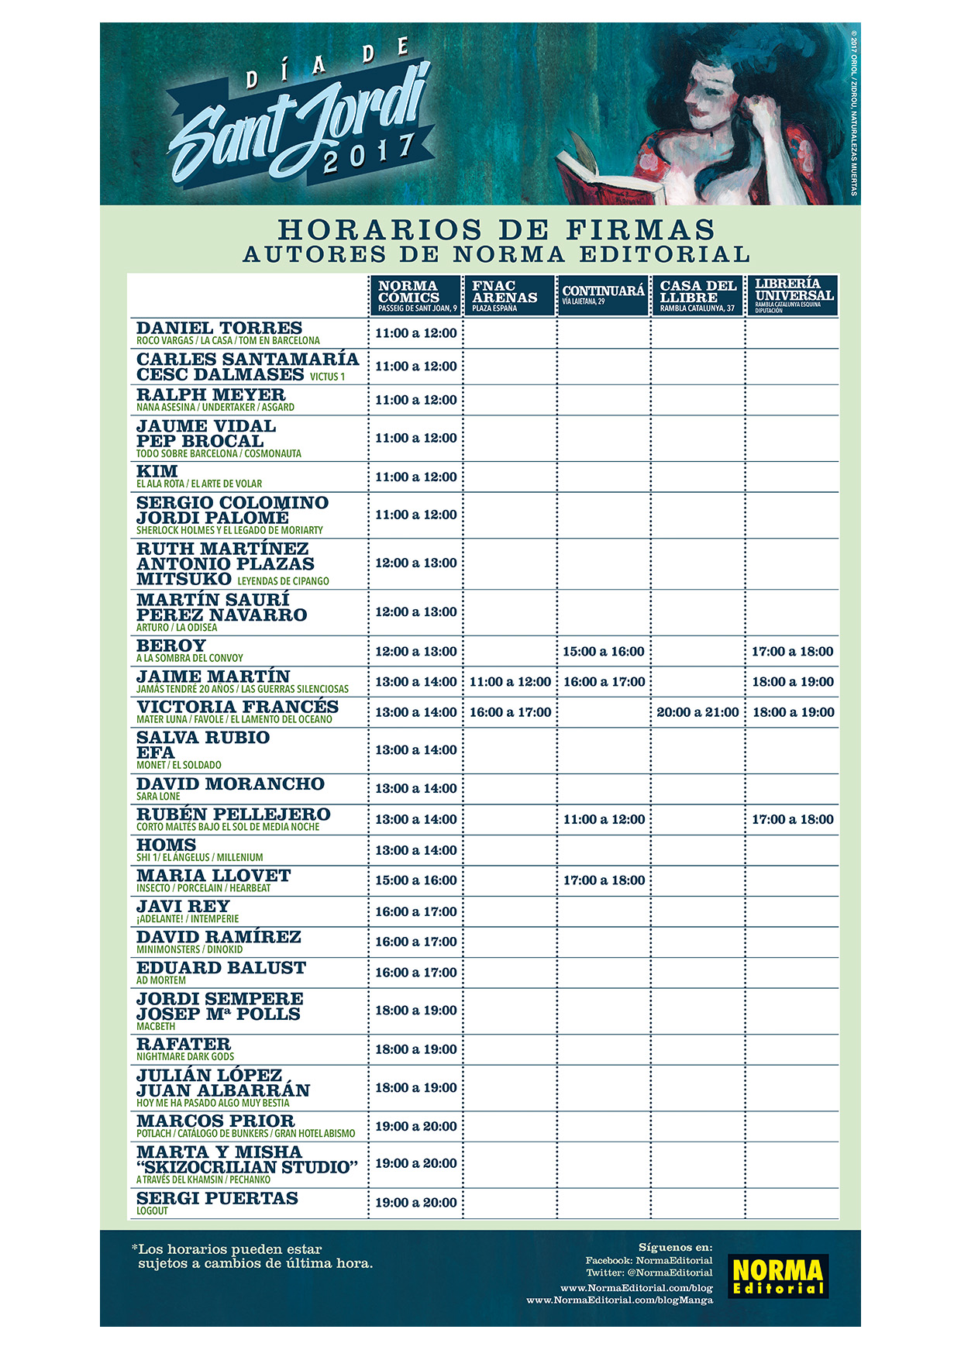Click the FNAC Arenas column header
(509, 295)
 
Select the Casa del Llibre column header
(697, 295)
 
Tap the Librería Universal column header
(792, 294)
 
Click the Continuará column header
(603, 294)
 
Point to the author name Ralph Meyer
(211, 394)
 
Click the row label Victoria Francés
(237, 707)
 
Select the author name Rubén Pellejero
(233, 814)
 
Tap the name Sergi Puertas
(217, 1198)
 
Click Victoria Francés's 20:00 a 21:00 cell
(697, 712)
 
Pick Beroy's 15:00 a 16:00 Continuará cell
(603, 652)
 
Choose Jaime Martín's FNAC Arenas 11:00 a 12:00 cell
(510, 682)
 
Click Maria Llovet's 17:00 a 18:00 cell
(604, 880)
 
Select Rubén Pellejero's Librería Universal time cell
(793, 819)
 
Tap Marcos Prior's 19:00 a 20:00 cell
(416, 1126)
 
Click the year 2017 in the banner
(368, 153)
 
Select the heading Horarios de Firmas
(496, 229)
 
